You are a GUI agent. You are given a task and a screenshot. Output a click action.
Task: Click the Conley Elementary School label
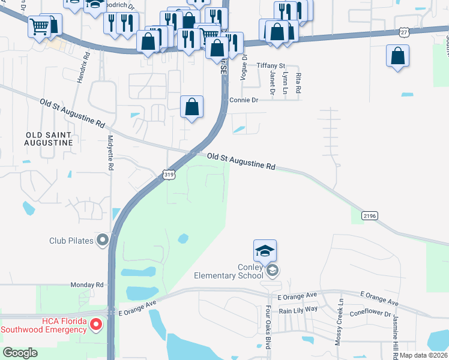click(x=229, y=271)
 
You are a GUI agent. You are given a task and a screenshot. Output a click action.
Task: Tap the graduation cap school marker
click(x=265, y=251)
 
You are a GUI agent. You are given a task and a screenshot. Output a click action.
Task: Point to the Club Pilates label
click(x=71, y=241)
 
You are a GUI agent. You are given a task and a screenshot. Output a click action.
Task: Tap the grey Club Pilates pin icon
click(x=102, y=241)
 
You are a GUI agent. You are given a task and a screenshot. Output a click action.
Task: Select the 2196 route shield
click(x=369, y=215)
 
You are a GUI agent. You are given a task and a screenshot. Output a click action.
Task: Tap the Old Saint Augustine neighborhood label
click(x=48, y=138)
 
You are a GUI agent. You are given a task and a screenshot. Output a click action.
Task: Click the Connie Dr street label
click(x=243, y=100)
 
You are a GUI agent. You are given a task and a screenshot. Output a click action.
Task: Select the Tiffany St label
click(x=271, y=65)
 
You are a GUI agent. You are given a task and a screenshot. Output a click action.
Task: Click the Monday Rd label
click(x=87, y=285)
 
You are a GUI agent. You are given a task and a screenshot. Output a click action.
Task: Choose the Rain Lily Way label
click(x=297, y=310)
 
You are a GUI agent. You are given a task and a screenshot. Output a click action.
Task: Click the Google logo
click(x=20, y=352)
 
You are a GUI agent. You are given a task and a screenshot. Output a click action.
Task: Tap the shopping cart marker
click(x=39, y=26)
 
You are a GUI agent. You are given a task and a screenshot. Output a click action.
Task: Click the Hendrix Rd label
click(x=83, y=66)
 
